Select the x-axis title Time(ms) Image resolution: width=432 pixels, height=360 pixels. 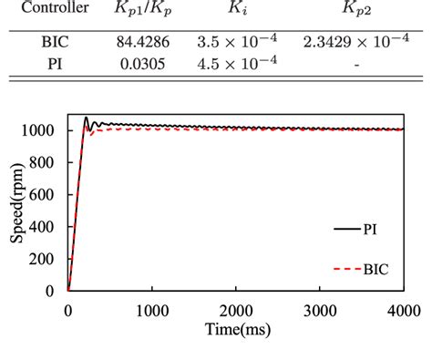click(x=236, y=329)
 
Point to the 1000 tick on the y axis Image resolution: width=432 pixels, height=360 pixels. click(x=43, y=130)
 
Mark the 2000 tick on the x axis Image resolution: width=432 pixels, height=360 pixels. click(x=235, y=310)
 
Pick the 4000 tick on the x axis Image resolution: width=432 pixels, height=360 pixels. click(x=403, y=310)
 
